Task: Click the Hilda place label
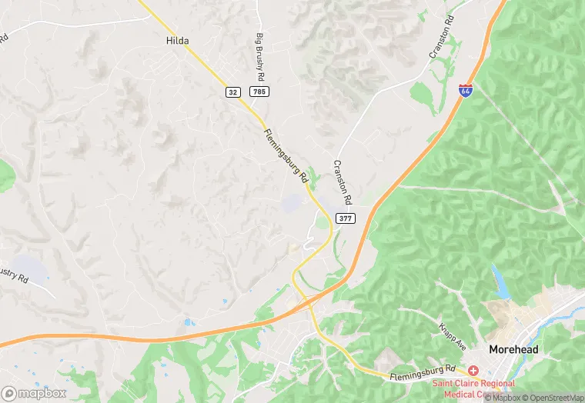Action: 178,41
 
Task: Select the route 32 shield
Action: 233,92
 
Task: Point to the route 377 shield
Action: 346,219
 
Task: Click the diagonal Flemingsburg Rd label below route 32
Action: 286,155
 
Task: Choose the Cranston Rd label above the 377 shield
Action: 342,182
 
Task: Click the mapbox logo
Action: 34,392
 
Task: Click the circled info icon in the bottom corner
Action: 488,397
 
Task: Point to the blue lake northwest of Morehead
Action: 501,281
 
